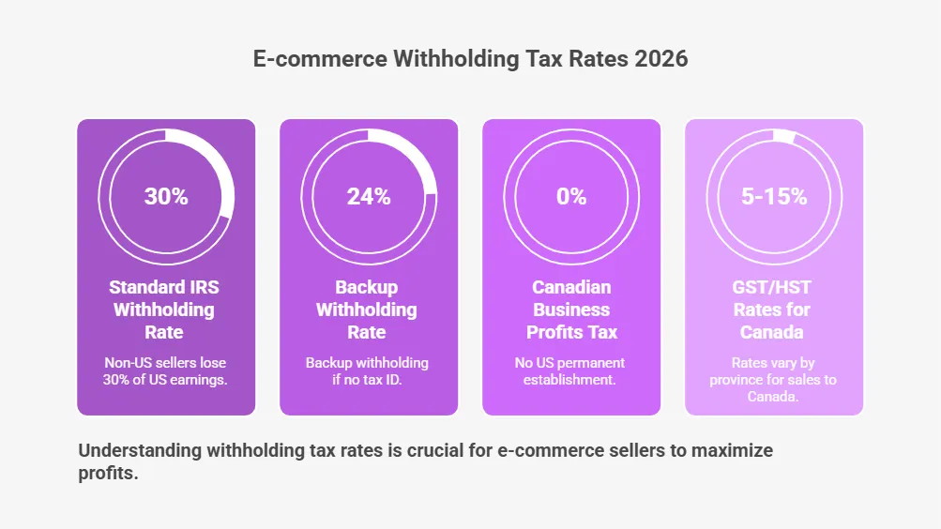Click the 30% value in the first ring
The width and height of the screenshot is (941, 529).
pyautogui.click(x=166, y=197)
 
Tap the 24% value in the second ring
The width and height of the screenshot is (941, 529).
pyautogui.click(x=369, y=197)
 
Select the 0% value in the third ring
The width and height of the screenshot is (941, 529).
pyautogui.click(x=571, y=197)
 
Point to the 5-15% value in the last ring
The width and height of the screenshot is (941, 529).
pyautogui.click(x=774, y=197)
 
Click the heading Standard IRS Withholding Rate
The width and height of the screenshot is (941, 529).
pyautogui.click(x=164, y=310)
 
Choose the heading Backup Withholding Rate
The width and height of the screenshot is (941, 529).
pyautogui.click(x=367, y=310)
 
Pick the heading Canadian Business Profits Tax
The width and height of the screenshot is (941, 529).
pyautogui.click(x=571, y=310)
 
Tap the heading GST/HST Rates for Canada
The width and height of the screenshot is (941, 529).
pyautogui.click(x=774, y=310)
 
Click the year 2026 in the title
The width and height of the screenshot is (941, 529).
pyautogui.click(x=660, y=58)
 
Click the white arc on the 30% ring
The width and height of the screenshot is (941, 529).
pyautogui.click(x=221, y=164)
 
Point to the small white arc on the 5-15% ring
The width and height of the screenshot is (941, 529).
pyautogui.click(x=782, y=135)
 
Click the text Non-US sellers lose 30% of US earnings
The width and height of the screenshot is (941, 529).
pyautogui.click(x=164, y=370)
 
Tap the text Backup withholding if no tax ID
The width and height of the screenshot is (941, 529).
pyautogui.click(x=367, y=370)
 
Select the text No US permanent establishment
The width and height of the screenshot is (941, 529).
pyautogui.click(x=571, y=370)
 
